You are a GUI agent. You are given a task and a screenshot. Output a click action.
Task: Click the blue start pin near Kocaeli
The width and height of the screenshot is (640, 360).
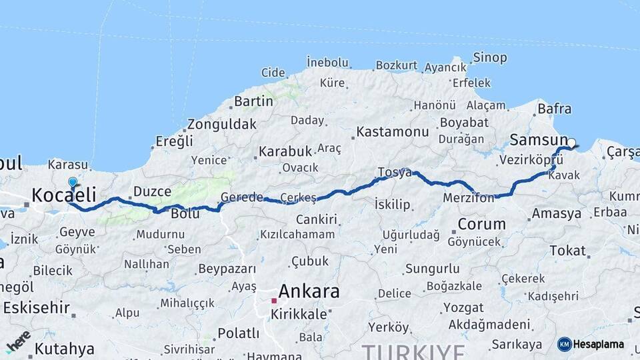[73, 182]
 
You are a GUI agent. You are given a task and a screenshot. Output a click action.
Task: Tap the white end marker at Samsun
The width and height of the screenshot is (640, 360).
[571, 142]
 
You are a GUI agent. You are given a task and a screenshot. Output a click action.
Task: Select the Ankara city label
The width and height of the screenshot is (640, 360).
[309, 291]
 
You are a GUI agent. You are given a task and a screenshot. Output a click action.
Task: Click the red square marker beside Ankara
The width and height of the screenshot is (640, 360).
[274, 301]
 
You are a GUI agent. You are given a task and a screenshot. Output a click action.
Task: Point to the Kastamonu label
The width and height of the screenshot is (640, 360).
[392, 131]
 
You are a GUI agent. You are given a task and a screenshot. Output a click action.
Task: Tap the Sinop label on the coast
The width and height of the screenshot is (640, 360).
[489, 57]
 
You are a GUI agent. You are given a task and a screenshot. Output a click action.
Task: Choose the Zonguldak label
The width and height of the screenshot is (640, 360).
[221, 124]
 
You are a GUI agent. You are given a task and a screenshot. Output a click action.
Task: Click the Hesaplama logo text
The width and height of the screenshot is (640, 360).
[598, 344]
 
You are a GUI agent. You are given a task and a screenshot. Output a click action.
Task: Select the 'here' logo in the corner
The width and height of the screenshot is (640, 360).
[18, 340]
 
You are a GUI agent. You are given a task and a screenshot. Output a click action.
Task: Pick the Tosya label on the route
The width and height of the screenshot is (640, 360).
[394, 172]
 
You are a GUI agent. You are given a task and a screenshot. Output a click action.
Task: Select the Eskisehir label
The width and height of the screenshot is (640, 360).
[37, 307]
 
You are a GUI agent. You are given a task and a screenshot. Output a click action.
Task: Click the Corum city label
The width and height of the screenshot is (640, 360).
[482, 224]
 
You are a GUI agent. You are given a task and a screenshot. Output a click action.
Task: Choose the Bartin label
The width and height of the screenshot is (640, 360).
[253, 101]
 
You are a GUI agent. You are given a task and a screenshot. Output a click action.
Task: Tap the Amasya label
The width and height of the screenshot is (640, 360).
[557, 214]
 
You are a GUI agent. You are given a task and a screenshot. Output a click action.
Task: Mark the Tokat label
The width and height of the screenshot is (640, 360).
[567, 251]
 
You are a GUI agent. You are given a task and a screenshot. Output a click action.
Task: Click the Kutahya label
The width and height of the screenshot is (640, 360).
[64, 348]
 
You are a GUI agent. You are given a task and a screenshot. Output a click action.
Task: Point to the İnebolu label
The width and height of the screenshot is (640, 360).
[327, 63]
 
